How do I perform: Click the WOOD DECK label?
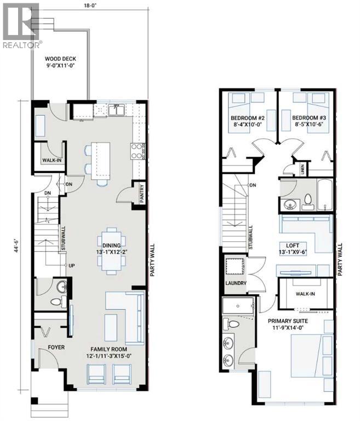coord(60,59)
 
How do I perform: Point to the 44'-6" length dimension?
coord(17,244)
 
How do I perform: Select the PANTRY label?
coord(142,194)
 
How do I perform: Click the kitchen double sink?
coord(116,110)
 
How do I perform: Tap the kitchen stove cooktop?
coord(136,151)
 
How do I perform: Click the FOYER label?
coord(56,347)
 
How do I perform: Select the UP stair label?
coord(72,265)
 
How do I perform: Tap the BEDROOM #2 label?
coord(248,118)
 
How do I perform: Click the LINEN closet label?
coord(302,169)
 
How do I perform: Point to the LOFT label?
coord(293,246)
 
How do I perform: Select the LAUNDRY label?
coord(236,283)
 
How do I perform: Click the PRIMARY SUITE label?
coord(288,321)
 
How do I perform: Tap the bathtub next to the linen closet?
coord(325,195)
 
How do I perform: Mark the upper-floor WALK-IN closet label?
coord(305,294)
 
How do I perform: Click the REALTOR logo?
coord(21,25)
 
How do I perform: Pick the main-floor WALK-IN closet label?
coord(52,160)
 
